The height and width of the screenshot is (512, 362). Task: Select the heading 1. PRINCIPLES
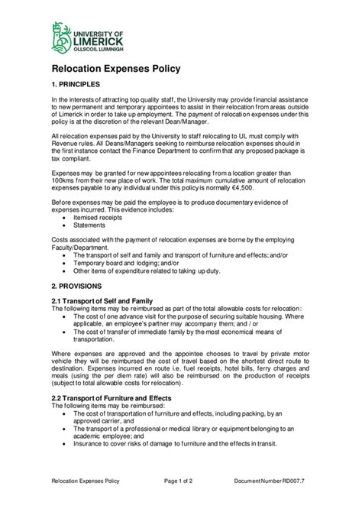pyautogui.click(x=82, y=83)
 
